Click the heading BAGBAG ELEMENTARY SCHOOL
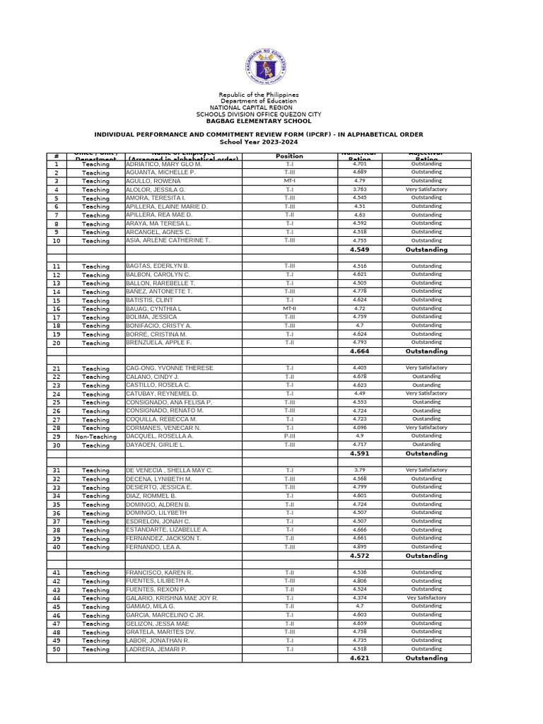click(x=258, y=121)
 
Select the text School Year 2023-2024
click(x=259, y=141)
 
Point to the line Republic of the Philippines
click(x=259, y=95)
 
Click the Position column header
click(x=289, y=156)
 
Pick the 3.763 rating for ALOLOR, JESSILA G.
click(x=360, y=189)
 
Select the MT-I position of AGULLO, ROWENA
click(x=289, y=181)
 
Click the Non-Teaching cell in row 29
click(x=95, y=437)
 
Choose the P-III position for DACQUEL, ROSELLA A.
click(x=289, y=436)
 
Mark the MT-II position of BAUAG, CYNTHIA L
click(x=289, y=308)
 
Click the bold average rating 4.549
click(x=360, y=250)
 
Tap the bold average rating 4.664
click(x=360, y=351)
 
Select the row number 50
click(x=57, y=649)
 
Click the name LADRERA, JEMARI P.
click(x=156, y=649)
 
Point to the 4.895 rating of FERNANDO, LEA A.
click(x=360, y=547)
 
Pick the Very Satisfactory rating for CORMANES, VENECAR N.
click(x=426, y=428)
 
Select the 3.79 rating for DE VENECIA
click(x=360, y=470)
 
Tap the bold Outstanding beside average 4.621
click(x=426, y=658)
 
